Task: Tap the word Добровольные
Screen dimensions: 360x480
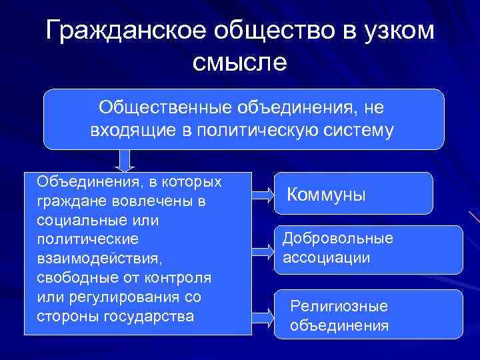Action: click(x=338, y=239)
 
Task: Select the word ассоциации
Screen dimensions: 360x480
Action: click(x=327, y=257)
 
